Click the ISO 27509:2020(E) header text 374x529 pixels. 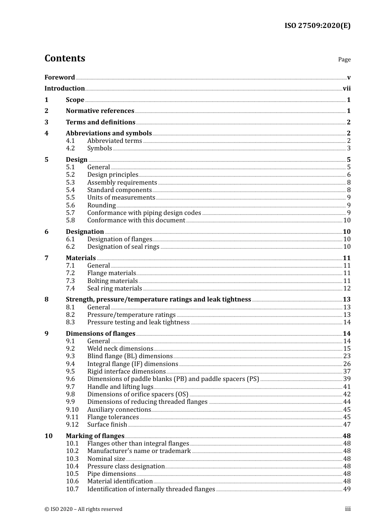point(317,26)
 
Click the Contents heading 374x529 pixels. point(65,58)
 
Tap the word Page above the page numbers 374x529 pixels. point(344,59)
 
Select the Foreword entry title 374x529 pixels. point(59,77)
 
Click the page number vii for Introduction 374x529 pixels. point(346,89)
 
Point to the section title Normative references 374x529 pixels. point(100,111)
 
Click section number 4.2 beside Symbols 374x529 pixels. point(70,148)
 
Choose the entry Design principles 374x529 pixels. point(113,175)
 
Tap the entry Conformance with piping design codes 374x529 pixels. point(144,213)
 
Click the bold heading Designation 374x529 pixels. point(85,232)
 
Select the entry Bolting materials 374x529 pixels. point(112,281)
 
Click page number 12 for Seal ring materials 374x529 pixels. point(347,289)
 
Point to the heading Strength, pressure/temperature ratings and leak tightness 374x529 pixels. point(158,300)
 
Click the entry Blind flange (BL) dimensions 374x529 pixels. point(130,356)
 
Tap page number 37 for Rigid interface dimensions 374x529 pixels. point(347,372)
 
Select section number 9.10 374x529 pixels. point(72,410)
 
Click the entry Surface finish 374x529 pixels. point(107,425)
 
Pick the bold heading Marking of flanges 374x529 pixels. point(95,436)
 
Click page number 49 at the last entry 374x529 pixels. point(347,489)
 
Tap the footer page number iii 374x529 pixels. point(348,509)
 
